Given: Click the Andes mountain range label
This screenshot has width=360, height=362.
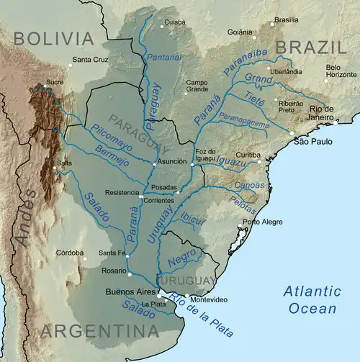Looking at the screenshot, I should click(x=27, y=216).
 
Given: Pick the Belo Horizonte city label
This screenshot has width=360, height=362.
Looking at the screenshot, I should click(x=342, y=71).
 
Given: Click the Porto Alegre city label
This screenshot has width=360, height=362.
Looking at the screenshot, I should click(x=259, y=222).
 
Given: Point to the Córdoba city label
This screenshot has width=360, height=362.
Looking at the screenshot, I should click(x=71, y=253).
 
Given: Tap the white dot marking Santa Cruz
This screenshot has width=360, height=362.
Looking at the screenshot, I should click(x=71, y=65).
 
